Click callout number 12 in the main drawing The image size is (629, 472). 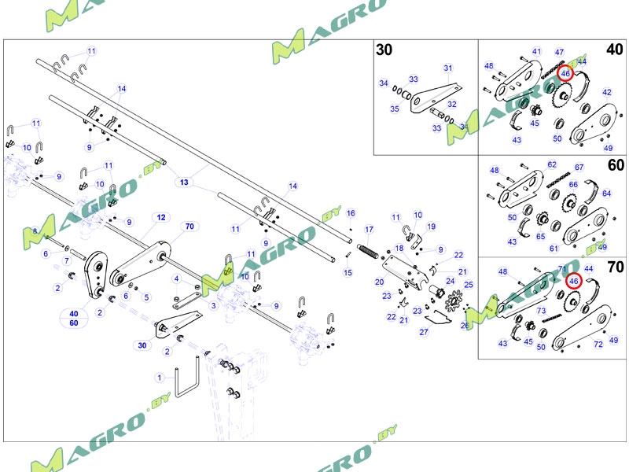click(x=160, y=216)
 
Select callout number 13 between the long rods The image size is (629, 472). click(x=185, y=182)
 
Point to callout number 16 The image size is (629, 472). click(x=351, y=213)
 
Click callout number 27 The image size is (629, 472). click(x=424, y=331)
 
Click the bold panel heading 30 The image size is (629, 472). click(x=384, y=50)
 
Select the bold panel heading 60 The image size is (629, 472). click(x=616, y=165)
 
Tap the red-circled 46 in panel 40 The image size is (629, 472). click(x=565, y=73)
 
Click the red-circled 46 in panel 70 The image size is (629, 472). click(x=574, y=281)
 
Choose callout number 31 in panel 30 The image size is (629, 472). click(x=448, y=68)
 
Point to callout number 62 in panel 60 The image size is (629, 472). click(x=552, y=164)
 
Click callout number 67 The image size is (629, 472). click(x=579, y=167)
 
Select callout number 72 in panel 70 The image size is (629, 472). click(x=598, y=345)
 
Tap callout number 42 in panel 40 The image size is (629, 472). click(x=606, y=92)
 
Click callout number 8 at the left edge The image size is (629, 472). click(x=35, y=230)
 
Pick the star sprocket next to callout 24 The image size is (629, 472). click(x=453, y=301)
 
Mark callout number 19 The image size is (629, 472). click(x=431, y=227)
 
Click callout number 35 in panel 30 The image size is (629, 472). click(x=395, y=109)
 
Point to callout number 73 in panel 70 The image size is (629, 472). click(x=541, y=311)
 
